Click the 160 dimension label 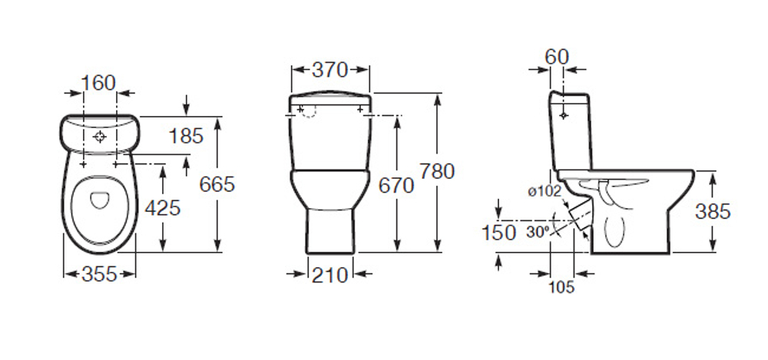click(98, 83)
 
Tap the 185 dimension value click(186, 136)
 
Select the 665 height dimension click(217, 184)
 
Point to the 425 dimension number click(163, 208)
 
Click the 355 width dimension click(99, 274)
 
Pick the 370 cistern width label click(329, 70)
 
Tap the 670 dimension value click(396, 186)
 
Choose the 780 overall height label click(437, 171)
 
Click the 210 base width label click(329, 275)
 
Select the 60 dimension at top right click(557, 58)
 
